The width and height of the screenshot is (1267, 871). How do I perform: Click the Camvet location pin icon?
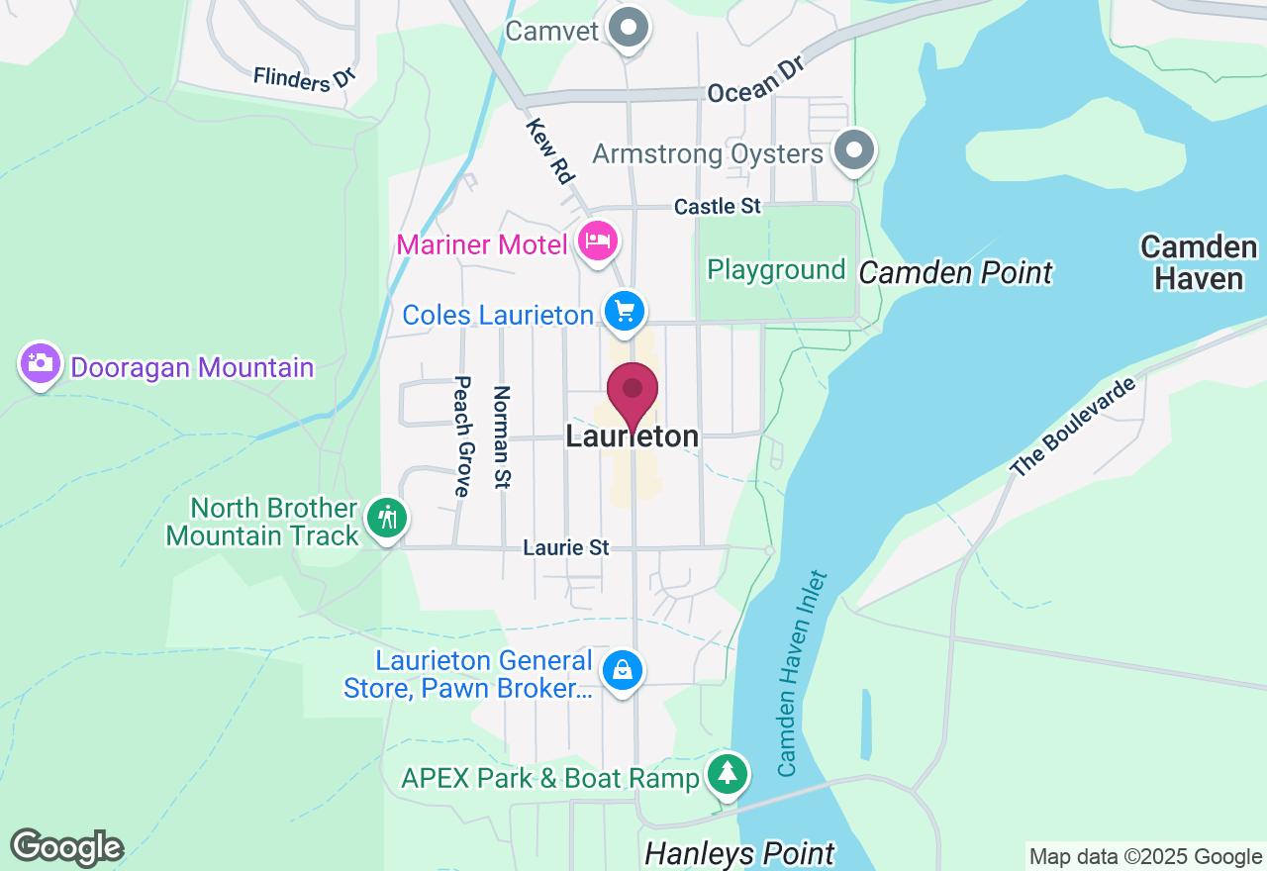point(628,28)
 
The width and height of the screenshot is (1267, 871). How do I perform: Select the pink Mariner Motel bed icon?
point(598,241)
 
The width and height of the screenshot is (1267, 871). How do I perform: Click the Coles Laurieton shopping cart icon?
point(625,312)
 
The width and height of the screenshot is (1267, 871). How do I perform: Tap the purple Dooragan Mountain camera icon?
point(40,363)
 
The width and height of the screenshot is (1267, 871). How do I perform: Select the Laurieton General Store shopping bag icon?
point(623,670)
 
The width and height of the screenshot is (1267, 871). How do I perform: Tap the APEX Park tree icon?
point(729,773)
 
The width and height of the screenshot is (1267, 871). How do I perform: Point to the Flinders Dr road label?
point(304,78)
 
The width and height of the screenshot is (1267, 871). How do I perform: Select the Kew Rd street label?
point(550,151)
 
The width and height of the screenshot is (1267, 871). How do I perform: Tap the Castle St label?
point(718,206)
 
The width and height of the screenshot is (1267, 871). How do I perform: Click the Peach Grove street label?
point(462,435)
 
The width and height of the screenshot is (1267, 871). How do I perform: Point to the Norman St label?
point(502,437)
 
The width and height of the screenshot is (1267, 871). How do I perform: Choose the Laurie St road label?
point(566,546)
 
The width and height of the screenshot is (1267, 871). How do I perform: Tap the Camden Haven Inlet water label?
point(802,673)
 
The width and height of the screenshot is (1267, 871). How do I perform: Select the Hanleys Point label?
point(739,853)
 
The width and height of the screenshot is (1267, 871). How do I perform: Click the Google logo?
point(66,847)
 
